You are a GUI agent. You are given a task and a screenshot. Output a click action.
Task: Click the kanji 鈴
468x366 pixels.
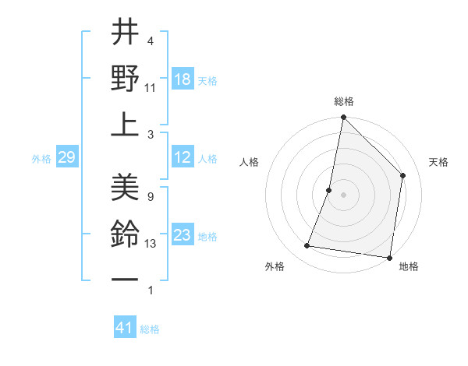(x=125, y=233)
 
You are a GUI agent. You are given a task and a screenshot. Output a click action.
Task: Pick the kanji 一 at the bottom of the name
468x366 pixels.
(x=125, y=278)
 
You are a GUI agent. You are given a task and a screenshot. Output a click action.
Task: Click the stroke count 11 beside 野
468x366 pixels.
(x=151, y=87)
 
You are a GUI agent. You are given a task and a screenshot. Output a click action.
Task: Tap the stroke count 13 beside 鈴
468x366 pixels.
(x=151, y=244)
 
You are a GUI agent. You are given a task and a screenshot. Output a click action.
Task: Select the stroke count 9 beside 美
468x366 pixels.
(x=151, y=197)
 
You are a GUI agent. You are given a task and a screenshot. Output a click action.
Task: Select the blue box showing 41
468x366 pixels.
(x=125, y=328)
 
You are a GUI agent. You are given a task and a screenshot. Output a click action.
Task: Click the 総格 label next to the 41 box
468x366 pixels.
(x=150, y=329)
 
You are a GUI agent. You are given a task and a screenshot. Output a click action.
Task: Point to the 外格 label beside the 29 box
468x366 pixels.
(x=41, y=159)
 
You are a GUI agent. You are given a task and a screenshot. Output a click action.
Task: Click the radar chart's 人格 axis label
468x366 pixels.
(x=249, y=162)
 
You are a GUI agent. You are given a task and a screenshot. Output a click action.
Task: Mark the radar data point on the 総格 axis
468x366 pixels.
(x=343, y=118)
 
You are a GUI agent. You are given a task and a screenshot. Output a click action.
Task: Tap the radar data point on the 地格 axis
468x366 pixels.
(x=389, y=257)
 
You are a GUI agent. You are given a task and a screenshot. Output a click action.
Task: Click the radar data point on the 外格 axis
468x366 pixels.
(x=307, y=246)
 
